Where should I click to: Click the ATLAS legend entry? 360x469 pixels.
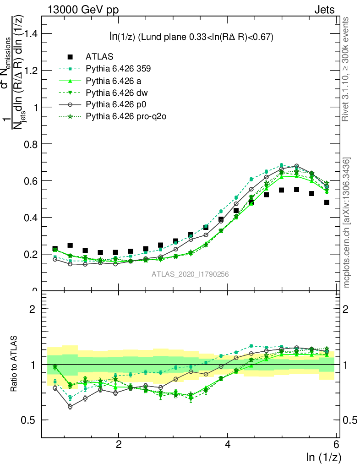[99, 57]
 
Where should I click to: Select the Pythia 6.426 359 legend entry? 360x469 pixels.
[118, 69]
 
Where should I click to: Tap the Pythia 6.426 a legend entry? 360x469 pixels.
[114, 81]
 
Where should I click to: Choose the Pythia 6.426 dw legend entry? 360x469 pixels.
[116, 93]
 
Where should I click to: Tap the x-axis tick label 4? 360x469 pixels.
[228, 445]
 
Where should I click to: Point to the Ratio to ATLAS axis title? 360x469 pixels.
[15, 364]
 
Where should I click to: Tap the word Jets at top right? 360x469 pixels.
[324, 10]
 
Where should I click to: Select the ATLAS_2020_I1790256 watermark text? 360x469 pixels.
[190, 274]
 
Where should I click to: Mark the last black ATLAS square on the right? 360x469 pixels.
[327, 202]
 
